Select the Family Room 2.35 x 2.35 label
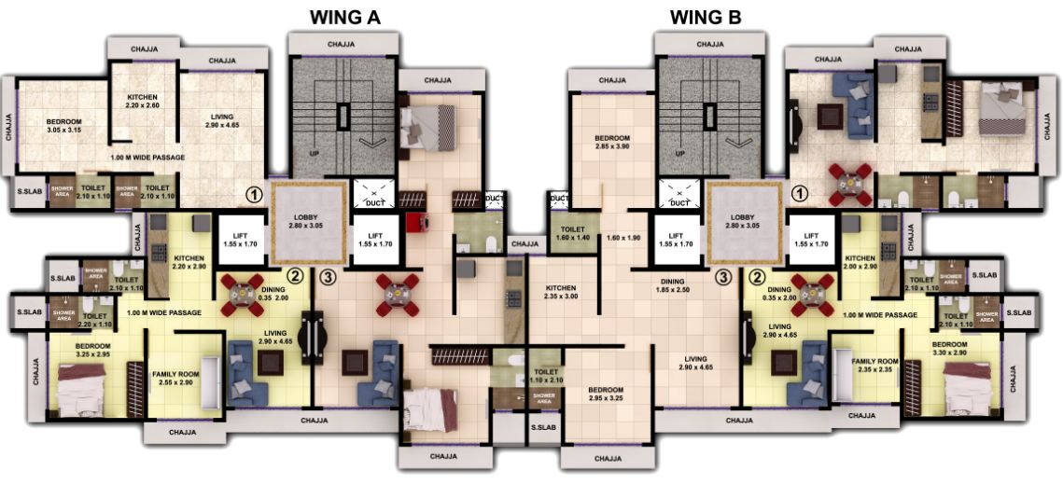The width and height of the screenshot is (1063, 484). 874,365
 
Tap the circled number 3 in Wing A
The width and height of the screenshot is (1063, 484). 327,276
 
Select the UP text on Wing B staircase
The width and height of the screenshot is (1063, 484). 679,154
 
